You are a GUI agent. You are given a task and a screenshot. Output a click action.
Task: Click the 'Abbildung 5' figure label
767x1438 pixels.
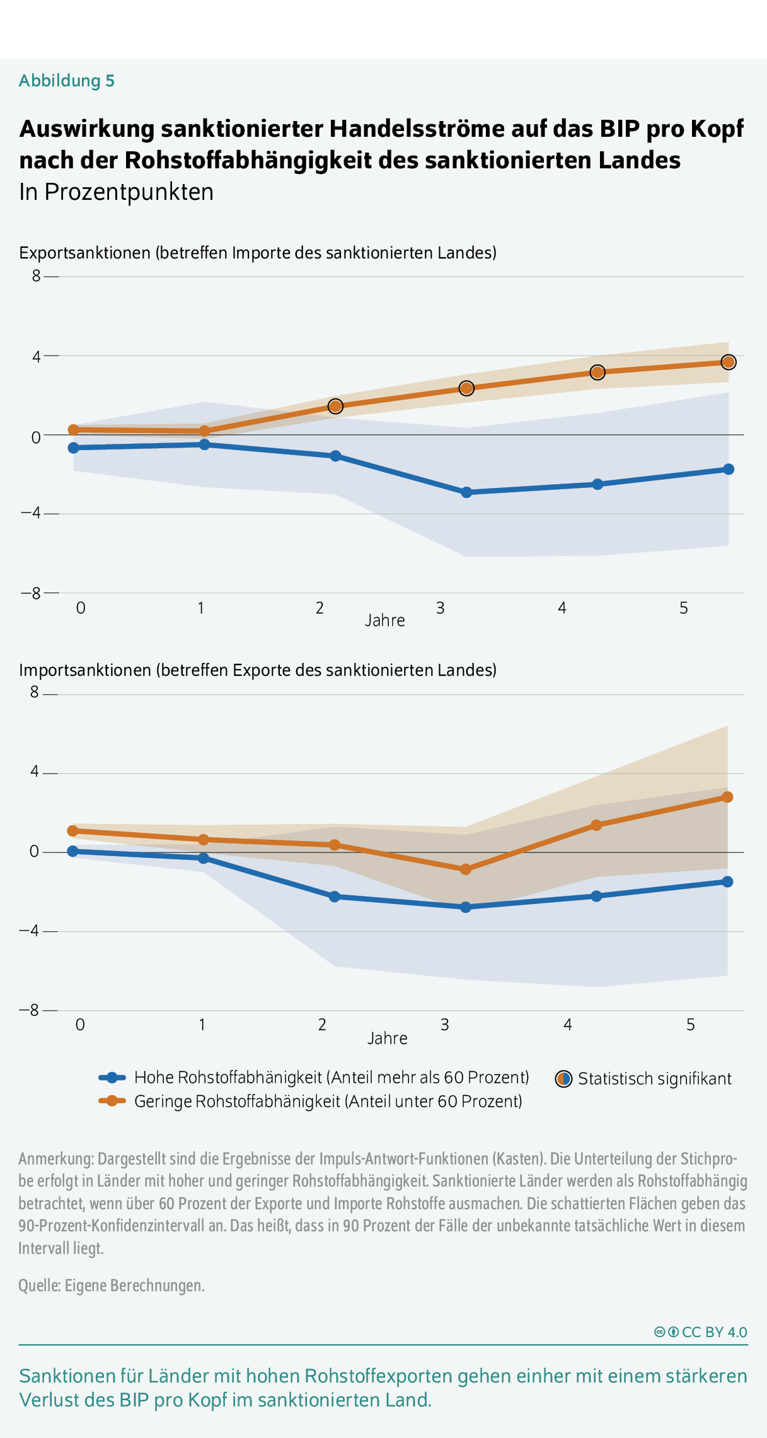[x=67, y=81]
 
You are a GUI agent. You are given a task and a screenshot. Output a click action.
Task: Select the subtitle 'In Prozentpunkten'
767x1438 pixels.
[x=117, y=192]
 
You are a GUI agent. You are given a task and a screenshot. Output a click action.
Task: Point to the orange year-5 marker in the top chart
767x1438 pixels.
[x=728, y=362]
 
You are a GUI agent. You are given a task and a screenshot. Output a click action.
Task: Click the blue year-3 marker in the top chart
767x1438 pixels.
[x=466, y=492]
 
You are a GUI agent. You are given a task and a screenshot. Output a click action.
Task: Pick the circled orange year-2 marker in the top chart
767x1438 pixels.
[x=335, y=406]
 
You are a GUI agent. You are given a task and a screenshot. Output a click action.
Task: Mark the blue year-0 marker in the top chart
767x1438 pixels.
[x=74, y=448]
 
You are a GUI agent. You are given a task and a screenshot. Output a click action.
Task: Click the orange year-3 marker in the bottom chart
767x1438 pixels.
[x=466, y=869]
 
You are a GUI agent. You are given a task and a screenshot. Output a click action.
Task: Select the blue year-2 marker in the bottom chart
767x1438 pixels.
[x=335, y=896]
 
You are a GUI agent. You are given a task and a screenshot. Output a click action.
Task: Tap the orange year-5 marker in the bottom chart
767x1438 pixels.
[x=727, y=797]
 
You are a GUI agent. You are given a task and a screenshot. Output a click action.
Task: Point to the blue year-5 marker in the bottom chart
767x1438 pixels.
[x=727, y=881]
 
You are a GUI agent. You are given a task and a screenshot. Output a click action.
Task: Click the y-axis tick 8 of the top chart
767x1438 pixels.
[x=37, y=276]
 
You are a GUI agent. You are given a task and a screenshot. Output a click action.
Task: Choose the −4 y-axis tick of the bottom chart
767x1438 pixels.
[x=29, y=931]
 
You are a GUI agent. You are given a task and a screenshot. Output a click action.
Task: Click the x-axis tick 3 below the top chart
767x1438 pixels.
[x=441, y=608]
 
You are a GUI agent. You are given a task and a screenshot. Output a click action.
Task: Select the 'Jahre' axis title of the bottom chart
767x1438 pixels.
[x=388, y=1038]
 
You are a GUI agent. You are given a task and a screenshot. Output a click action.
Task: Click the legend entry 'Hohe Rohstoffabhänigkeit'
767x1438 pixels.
[x=332, y=1077]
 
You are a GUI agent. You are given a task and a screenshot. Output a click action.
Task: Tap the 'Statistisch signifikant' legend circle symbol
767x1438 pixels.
[x=563, y=1079]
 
